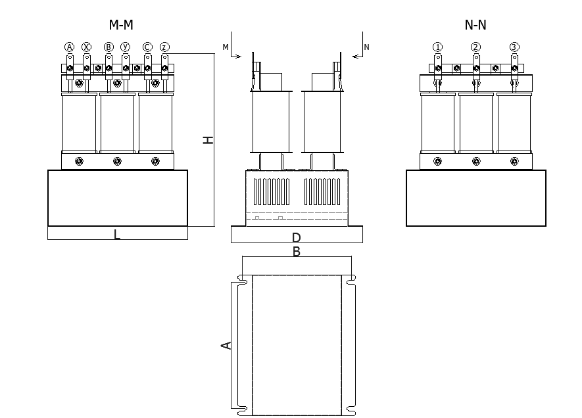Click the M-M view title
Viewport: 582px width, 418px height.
click(121, 25)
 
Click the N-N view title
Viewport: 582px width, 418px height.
click(475, 25)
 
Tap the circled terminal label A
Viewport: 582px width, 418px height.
click(70, 47)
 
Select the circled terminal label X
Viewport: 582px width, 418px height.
click(87, 47)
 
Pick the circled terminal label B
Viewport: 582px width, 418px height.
click(109, 47)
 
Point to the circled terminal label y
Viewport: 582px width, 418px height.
click(126, 47)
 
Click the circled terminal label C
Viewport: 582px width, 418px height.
click(147, 47)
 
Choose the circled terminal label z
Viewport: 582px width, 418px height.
click(164, 47)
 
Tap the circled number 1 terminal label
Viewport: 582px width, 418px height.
click(438, 47)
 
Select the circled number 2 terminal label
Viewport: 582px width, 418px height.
click(475, 47)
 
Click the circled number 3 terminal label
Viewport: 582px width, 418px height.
click(514, 47)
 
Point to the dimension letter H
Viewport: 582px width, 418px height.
click(208, 139)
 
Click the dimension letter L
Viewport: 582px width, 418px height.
click(117, 234)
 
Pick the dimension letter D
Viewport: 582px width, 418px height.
click(297, 237)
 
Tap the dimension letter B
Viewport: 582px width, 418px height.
click(297, 251)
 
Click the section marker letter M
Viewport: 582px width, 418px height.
click(226, 47)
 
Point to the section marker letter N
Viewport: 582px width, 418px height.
click(366, 47)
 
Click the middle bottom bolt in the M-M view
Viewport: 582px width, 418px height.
click(117, 161)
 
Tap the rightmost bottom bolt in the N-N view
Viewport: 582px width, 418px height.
click(514, 161)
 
